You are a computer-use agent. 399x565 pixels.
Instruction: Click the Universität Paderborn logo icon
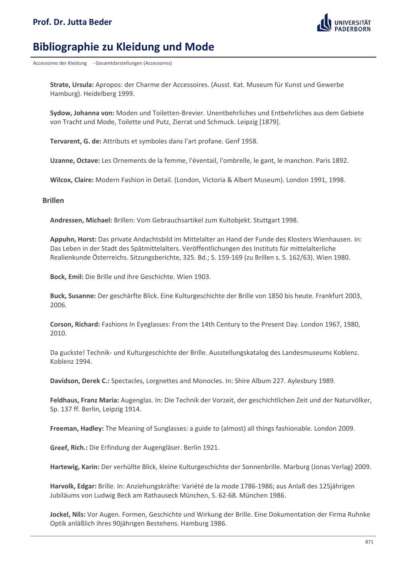[x=324, y=23]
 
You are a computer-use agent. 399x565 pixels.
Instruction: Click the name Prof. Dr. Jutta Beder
[x=72, y=22]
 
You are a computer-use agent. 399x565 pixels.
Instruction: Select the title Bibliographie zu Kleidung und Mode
[x=123, y=47]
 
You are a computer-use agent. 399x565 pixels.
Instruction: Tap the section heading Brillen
[x=53, y=200]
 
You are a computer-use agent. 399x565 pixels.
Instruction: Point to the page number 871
[x=369, y=542]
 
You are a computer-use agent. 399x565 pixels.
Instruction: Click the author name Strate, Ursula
[x=72, y=85]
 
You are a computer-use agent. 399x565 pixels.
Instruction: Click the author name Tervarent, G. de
[x=75, y=141]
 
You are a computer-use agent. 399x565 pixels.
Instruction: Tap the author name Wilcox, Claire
[x=72, y=180]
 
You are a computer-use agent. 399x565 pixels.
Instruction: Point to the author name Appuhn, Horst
[x=73, y=240]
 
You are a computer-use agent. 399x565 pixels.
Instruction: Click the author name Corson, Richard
[x=75, y=324]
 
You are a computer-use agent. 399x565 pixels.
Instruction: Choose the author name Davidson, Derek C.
[x=79, y=381]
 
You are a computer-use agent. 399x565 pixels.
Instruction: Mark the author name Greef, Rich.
[x=69, y=448]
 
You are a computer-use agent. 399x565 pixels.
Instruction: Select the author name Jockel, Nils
[x=67, y=514]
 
